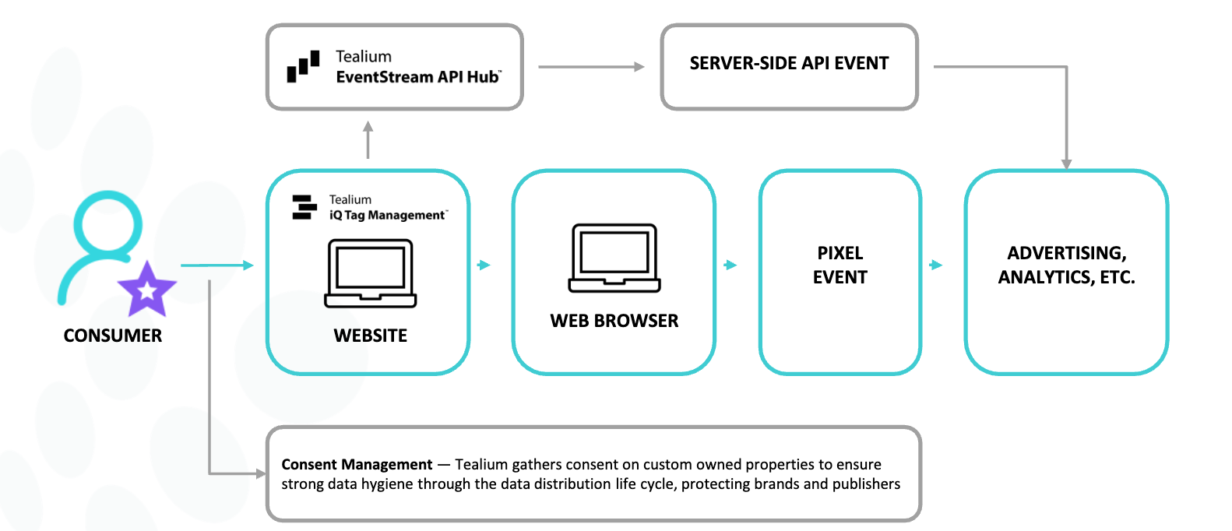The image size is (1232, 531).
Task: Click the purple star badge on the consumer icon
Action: (x=146, y=290)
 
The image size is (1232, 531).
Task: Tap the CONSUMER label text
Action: (x=113, y=336)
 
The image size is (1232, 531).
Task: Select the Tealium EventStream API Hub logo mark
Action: (x=303, y=67)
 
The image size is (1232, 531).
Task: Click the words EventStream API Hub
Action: (x=418, y=77)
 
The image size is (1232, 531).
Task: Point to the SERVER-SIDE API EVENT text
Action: (x=789, y=63)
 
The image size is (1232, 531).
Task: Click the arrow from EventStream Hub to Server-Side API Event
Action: (x=592, y=67)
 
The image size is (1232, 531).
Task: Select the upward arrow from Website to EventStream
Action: (x=368, y=139)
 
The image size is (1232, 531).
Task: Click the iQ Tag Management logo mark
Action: (x=304, y=207)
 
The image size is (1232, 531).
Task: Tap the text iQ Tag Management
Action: (x=387, y=216)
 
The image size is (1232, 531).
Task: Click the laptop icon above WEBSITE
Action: (x=371, y=273)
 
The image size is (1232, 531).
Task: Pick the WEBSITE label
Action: (x=371, y=336)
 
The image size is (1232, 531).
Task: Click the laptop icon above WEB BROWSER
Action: (x=614, y=258)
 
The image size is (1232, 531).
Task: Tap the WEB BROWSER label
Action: (x=614, y=321)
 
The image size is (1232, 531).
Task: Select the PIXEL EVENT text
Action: (x=840, y=265)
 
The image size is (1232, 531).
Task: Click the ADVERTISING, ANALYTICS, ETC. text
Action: (x=1066, y=265)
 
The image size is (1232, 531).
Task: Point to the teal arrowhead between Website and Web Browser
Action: (x=484, y=265)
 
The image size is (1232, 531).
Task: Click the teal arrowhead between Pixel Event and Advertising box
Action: (x=936, y=265)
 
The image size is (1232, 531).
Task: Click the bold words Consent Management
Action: (x=357, y=465)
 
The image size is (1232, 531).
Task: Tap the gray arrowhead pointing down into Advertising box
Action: (x=1066, y=164)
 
